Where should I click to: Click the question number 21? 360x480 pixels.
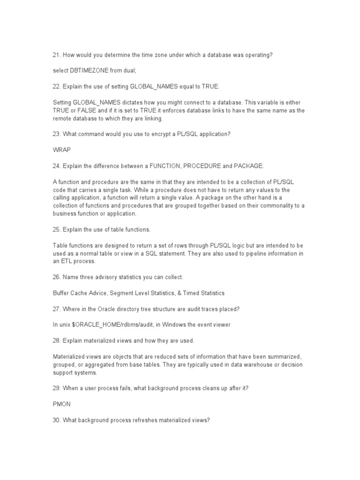point(56,55)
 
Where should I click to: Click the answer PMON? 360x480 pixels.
point(60,405)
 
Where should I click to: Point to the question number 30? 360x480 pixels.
point(56,420)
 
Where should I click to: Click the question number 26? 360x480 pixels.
point(56,277)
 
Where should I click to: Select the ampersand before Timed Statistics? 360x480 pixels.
point(174,293)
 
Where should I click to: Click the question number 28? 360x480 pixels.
point(56,341)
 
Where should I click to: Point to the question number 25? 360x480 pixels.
point(56,229)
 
